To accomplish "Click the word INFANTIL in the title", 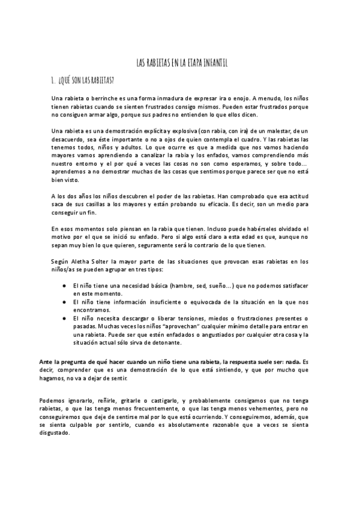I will (212, 62).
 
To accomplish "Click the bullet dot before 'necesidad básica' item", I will (64, 286).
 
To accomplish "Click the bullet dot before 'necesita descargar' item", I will (64, 318).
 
